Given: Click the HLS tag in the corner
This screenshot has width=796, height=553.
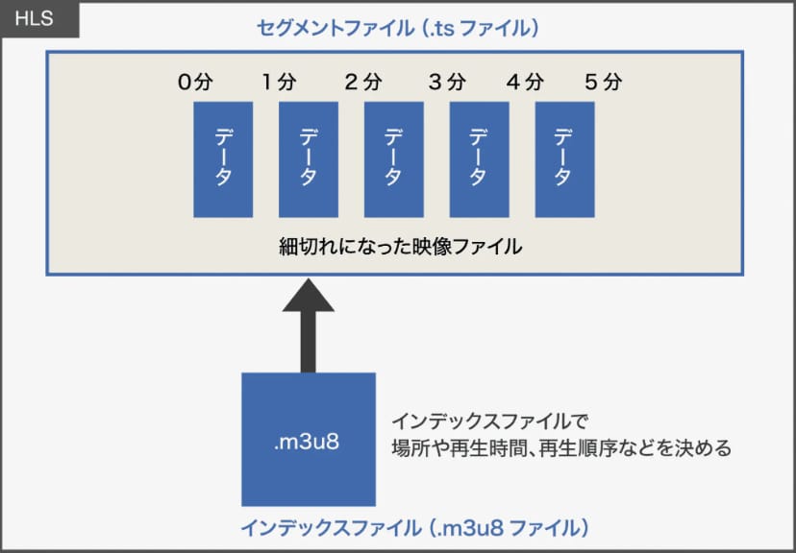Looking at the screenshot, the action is [39, 19].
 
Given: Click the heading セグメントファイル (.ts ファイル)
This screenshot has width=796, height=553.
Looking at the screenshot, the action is [397, 28].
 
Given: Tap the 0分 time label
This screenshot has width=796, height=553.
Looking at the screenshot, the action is [195, 83].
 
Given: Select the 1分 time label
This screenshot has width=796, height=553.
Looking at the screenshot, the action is [279, 83].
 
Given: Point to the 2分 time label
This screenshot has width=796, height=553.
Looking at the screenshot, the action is [363, 83].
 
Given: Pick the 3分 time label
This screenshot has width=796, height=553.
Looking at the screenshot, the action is [447, 83].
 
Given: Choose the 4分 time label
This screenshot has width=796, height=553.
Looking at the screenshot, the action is [526, 83].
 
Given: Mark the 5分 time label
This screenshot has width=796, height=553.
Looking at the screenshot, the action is [604, 83].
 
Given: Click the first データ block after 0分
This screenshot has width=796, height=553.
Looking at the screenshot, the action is [223, 159].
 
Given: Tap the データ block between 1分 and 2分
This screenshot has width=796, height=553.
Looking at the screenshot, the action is [309, 159].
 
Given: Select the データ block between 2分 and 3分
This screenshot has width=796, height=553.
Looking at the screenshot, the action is [394, 159].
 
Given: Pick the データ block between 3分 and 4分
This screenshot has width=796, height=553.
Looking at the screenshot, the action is [479, 159].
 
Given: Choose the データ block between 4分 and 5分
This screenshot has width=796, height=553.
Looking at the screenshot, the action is [565, 159].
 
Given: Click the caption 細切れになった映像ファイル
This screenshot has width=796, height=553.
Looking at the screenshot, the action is [401, 247].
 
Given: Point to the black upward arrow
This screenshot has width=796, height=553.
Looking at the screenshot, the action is [309, 325].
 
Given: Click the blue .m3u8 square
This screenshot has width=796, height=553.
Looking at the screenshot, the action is [309, 440].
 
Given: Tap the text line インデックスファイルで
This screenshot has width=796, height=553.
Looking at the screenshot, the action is [489, 421].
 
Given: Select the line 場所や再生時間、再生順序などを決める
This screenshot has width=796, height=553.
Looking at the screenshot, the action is [561, 448].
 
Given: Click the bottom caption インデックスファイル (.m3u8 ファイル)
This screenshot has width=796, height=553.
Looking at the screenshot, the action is [414, 528].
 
